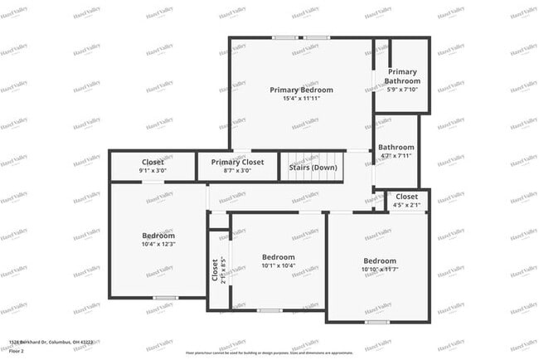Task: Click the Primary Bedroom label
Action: tap(299, 89)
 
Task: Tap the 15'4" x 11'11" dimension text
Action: tap(299, 98)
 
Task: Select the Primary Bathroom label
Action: tap(403, 76)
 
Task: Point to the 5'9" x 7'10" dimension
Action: tap(403, 90)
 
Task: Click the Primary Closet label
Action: tap(237, 162)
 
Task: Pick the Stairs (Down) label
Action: tap(313, 168)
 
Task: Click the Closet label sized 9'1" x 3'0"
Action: tap(153, 162)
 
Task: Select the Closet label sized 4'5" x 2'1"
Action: tap(407, 197)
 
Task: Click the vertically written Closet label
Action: tap(215, 271)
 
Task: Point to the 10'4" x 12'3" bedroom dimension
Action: tap(158, 244)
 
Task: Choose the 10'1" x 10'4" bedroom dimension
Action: tap(278, 265)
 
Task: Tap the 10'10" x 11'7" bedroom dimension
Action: tap(379, 269)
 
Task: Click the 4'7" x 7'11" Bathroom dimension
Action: tap(396, 155)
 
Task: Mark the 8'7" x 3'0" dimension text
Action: tap(237, 171)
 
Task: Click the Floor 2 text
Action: tap(17, 351)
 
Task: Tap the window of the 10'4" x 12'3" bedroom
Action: tap(165, 297)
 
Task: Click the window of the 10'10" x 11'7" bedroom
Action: tap(377, 321)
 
